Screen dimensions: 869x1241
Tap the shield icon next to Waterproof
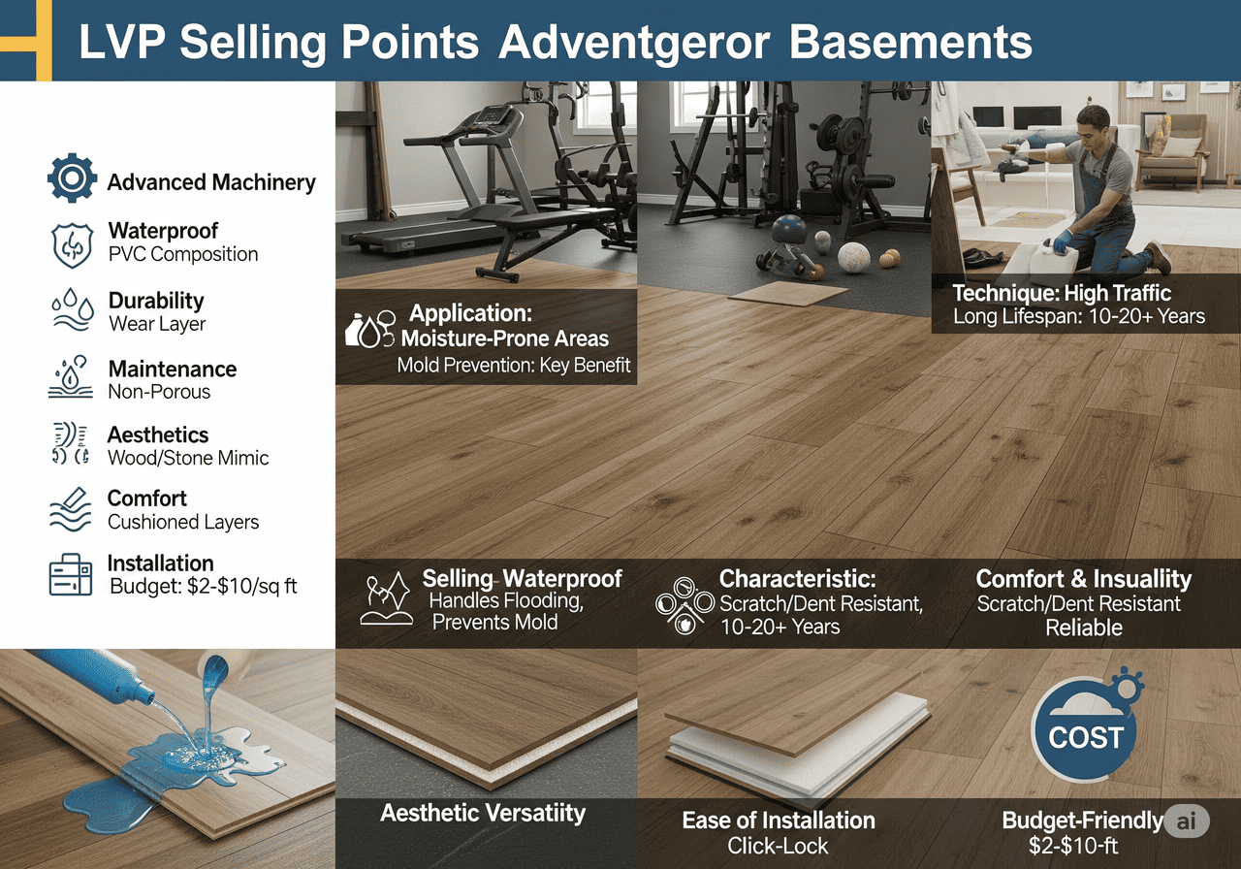pos(72,243)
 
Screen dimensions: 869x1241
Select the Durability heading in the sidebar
pos(156,301)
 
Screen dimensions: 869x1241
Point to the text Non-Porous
pos(159,392)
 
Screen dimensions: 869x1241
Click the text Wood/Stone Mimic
pos(188,458)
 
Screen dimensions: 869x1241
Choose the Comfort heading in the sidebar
pos(147,499)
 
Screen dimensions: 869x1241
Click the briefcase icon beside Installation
pos(70,575)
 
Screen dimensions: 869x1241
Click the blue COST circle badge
pos(1085,736)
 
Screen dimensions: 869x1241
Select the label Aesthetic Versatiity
pos(483,813)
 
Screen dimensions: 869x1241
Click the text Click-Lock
pos(778,846)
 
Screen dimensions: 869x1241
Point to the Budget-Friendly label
pos(1081,821)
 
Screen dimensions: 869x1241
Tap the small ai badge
pos(1187,821)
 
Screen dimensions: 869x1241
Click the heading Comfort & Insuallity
pos(1083,579)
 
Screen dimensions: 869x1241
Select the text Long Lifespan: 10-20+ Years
pos(1079,315)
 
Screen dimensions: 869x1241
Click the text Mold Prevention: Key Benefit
pos(514,365)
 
